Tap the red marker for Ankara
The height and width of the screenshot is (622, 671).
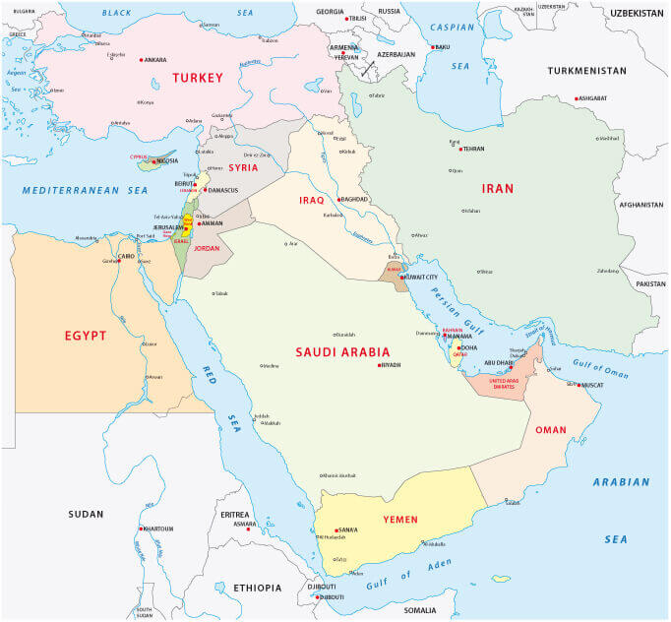(141, 60)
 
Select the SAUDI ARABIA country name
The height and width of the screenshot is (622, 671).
(343, 351)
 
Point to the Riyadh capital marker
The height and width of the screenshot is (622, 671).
(379, 365)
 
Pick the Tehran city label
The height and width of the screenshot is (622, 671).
(473, 149)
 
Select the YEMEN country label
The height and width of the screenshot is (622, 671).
(400, 519)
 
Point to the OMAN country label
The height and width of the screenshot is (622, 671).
(551, 429)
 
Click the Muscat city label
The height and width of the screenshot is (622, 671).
(591, 385)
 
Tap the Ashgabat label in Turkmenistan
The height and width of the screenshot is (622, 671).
(592, 98)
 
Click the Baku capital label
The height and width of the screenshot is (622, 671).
(442, 47)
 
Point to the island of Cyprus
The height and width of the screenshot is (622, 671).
(154, 163)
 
